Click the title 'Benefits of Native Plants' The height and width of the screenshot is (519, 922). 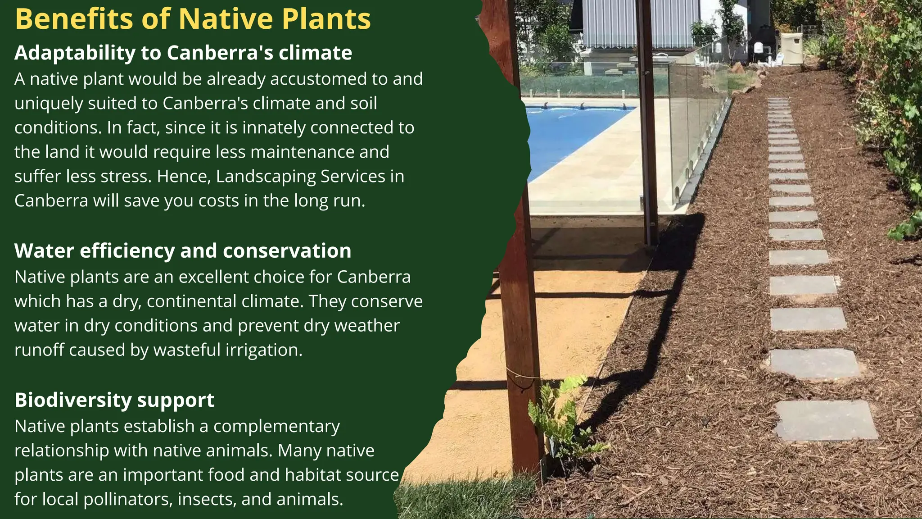[x=193, y=19]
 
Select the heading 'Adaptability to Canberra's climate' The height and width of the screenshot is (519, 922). [x=183, y=53]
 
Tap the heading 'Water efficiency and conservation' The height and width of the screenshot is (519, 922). [x=182, y=250]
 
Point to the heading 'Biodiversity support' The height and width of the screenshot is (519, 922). [x=114, y=400]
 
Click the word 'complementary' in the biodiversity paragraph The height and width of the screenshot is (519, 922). [x=276, y=426]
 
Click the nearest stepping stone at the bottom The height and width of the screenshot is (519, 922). [x=826, y=420]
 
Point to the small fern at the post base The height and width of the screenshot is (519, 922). [x=563, y=419]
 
